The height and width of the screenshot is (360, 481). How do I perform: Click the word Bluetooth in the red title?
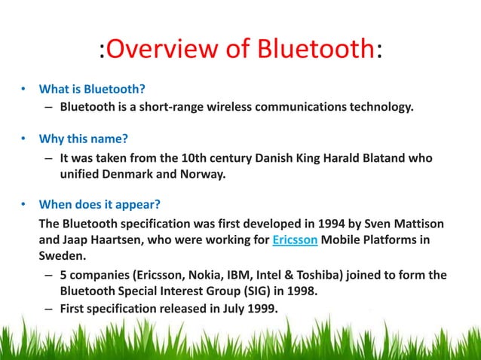click(x=318, y=50)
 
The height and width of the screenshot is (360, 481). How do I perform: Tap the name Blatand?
click(x=383, y=157)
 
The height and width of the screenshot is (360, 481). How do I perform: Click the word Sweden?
click(x=64, y=256)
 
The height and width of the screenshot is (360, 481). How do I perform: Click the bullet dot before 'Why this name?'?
click(x=23, y=140)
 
